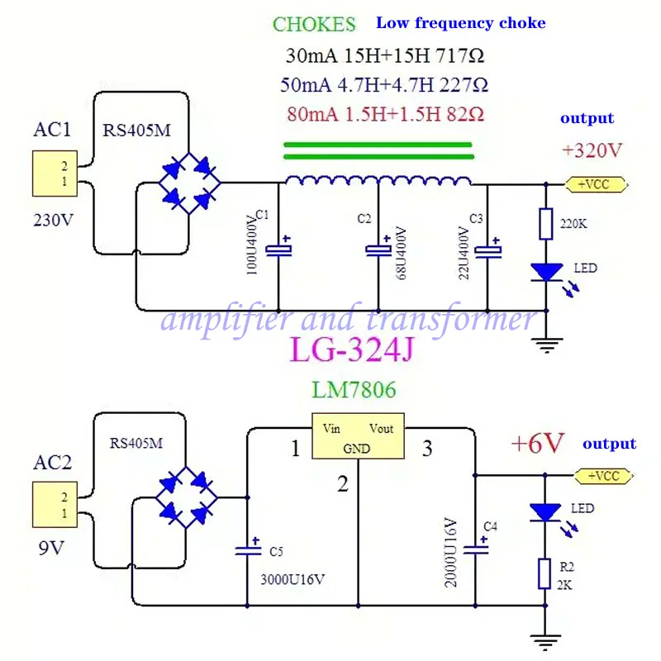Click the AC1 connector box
pos(55,174)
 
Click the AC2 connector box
pos(55,504)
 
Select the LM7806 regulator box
pos(358,436)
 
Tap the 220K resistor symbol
pos(546,223)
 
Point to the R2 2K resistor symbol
pos(544,573)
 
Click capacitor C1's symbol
pos(278,250)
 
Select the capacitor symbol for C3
pos(487,250)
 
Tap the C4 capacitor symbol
pos(476,547)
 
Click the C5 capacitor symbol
pos(248,548)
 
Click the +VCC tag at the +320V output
pos(596,184)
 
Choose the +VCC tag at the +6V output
pos(604,476)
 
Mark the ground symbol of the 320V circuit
pos(547,345)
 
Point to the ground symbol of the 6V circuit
pos(545,642)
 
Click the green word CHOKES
pos(314,24)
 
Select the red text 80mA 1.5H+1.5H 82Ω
pos(385,114)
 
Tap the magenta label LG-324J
pos(353,350)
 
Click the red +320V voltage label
pos(592,150)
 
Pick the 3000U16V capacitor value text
pos(292,580)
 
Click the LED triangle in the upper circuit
pos(547,272)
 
